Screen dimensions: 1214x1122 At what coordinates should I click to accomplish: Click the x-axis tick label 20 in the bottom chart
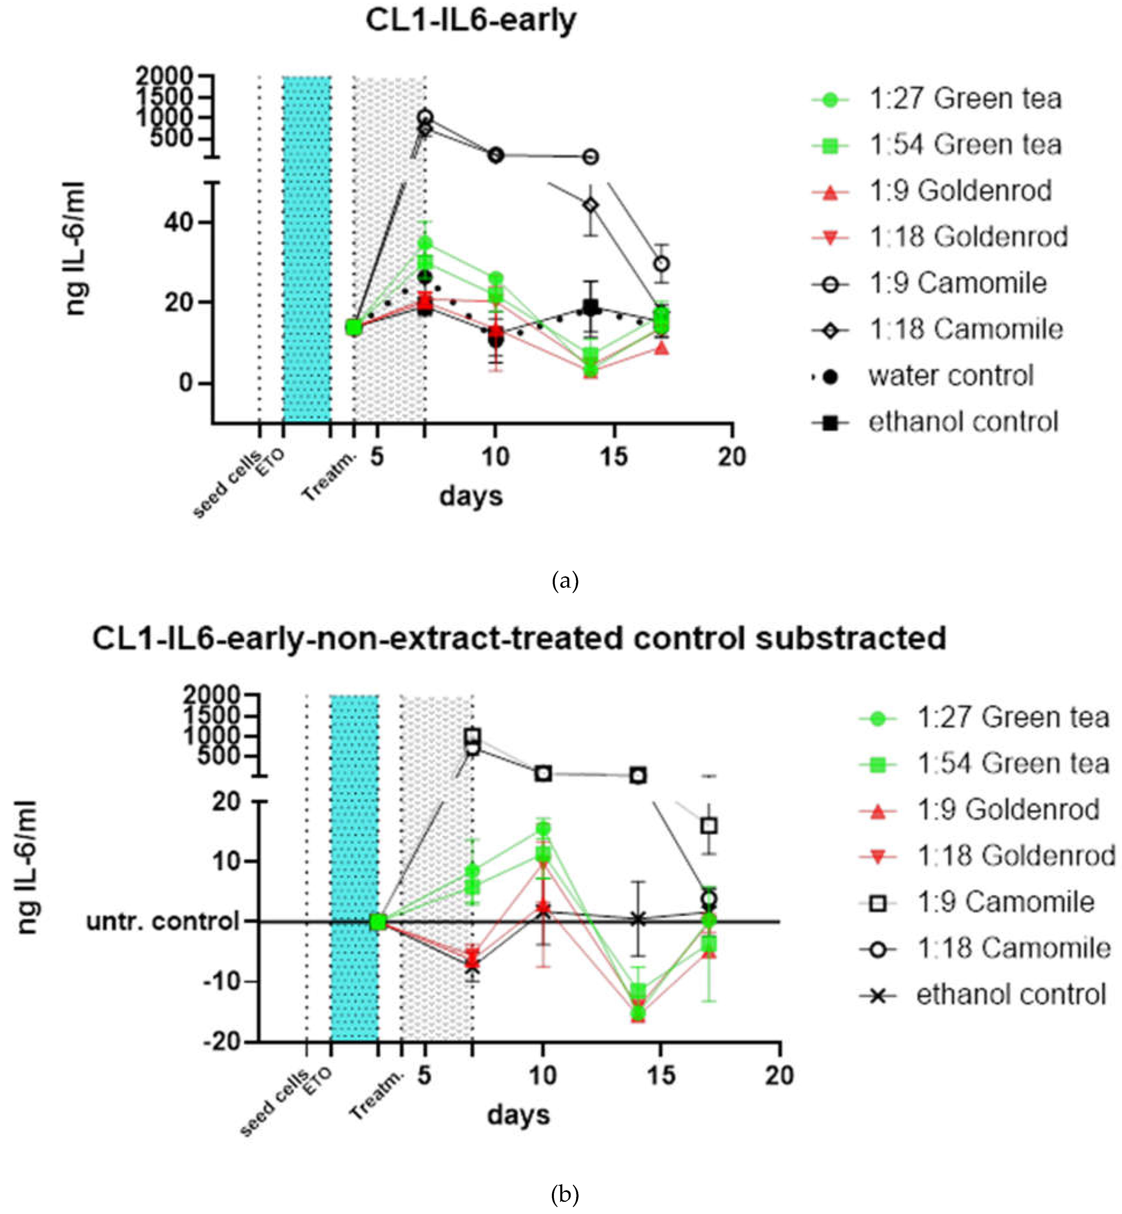[780, 1075]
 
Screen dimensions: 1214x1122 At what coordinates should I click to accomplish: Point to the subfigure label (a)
[565, 581]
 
